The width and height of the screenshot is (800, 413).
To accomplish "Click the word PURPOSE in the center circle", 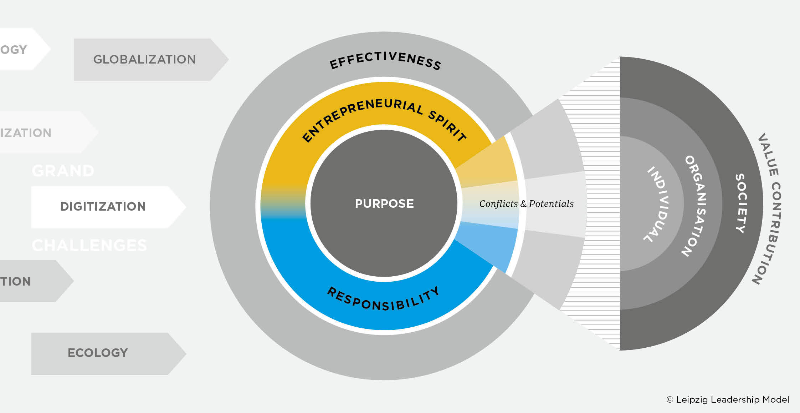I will coord(384,203).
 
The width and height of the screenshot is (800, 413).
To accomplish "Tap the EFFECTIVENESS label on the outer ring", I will coord(385,60).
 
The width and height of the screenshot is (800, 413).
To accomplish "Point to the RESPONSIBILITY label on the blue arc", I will coord(384,300).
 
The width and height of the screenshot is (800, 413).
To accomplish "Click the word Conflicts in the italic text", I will coord(498,204).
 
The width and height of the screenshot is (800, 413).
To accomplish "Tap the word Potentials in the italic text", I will coord(551,204).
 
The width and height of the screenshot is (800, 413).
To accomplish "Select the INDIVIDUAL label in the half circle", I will coord(658,204).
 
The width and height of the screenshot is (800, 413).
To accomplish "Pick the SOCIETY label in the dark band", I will coord(741,203).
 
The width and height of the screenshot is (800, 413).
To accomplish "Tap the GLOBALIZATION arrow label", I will coord(144,59).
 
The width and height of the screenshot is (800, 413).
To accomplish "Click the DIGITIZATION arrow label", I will coord(103,206).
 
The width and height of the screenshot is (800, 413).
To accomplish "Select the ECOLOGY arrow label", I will coord(98,353).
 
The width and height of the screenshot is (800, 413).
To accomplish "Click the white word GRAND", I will coord(63,171).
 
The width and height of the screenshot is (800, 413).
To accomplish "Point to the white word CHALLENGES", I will coord(89,246).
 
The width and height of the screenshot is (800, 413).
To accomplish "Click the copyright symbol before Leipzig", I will coord(670,400).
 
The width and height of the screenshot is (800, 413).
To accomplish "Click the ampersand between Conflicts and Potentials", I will coord(523,204).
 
